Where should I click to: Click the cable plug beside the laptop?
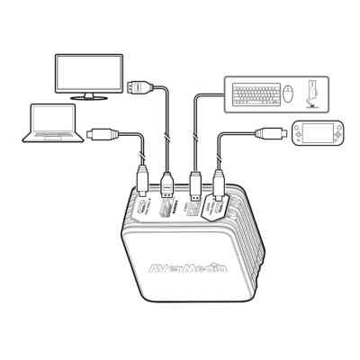[100, 133]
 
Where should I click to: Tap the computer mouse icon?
[288, 93]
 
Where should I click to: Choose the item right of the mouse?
[311, 93]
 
